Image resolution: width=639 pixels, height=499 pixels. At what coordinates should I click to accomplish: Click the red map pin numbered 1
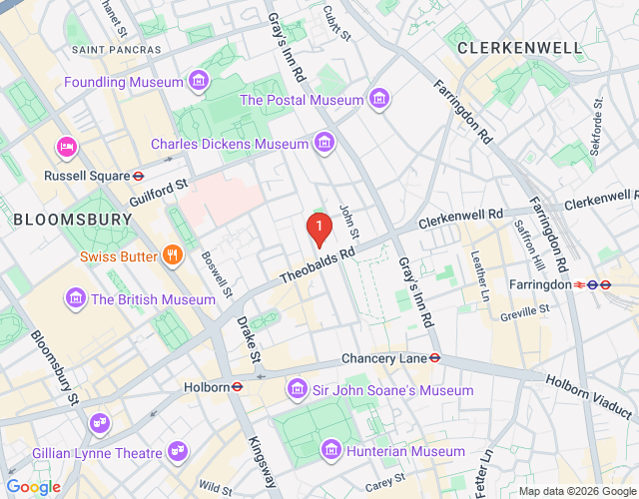click(x=318, y=230)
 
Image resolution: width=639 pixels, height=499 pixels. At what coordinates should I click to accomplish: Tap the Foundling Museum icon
click(x=199, y=80)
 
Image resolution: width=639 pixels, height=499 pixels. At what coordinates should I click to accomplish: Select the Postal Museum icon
click(x=377, y=99)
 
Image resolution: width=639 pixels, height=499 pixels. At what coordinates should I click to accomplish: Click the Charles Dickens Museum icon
click(x=323, y=145)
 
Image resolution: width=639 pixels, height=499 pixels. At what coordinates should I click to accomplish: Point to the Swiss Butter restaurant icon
click(x=173, y=255)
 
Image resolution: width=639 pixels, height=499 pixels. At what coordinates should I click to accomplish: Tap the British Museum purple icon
click(x=75, y=298)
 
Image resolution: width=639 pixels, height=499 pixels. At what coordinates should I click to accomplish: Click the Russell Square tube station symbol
click(x=138, y=176)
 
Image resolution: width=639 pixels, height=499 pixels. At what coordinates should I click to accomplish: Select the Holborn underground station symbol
click(x=238, y=387)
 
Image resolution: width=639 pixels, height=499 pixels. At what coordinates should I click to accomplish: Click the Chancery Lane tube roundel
click(x=435, y=357)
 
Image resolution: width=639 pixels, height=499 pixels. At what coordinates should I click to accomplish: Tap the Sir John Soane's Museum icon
click(x=297, y=389)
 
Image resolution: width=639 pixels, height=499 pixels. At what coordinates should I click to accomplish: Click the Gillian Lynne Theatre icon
click(x=177, y=452)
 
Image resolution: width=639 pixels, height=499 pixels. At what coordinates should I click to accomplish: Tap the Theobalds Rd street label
click(x=318, y=264)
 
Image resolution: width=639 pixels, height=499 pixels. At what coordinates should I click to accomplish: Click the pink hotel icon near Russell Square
click(x=67, y=148)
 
